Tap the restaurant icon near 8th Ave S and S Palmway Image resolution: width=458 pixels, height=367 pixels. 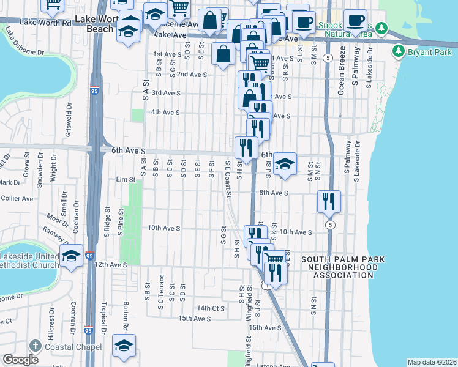click(x=329, y=201)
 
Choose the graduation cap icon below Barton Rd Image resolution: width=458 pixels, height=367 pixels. click(x=124, y=346)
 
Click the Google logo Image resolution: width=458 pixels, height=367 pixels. click(x=21, y=360)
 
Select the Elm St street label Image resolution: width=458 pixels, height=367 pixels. click(x=124, y=180)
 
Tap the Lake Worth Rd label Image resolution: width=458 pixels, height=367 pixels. click(x=45, y=22)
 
